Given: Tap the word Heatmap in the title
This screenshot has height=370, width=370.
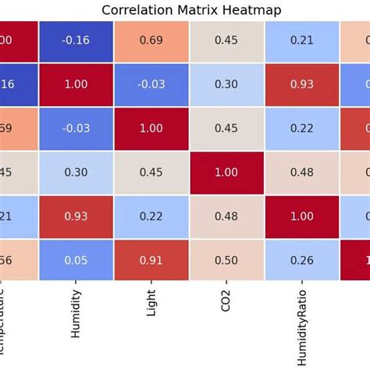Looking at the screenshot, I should tap(247, 10).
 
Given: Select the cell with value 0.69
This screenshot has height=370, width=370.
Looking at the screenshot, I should tap(151, 40).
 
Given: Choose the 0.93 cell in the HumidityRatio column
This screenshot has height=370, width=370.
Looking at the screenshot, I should tap(302, 84).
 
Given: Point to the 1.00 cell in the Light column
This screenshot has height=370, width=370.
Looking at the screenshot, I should tap(151, 128).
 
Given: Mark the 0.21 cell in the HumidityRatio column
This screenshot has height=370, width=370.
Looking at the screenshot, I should tap(302, 40).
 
